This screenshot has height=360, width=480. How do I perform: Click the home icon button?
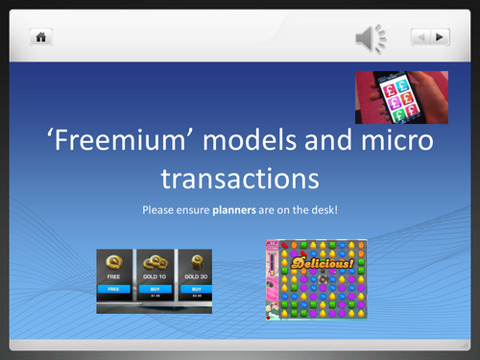(x=42, y=36)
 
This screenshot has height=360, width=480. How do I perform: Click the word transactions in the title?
(x=240, y=179)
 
